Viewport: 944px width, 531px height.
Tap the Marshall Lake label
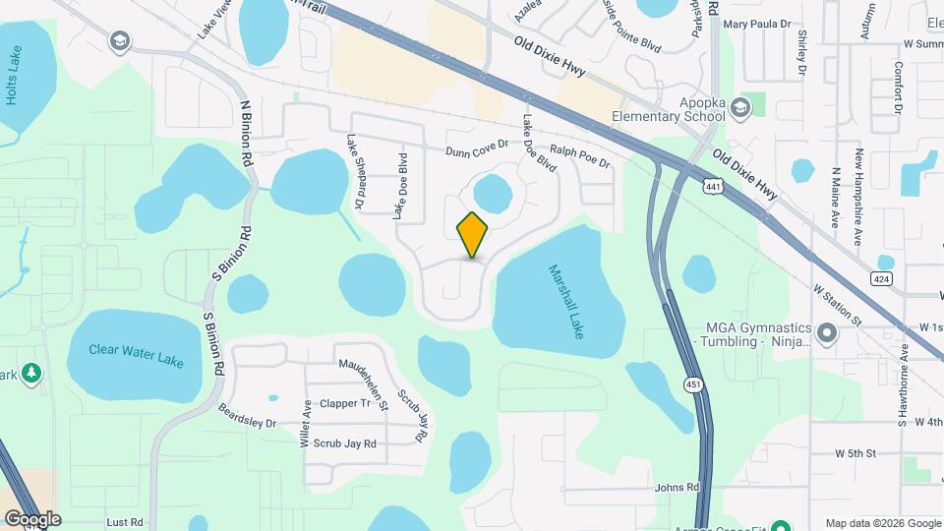pyautogui.click(x=568, y=302)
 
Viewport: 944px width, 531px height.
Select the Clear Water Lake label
pyautogui.click(x=136, y=355)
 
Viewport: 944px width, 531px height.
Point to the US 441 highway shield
pyautogui.click(x=713, y=185)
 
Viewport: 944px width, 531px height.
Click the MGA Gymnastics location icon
pyautogui.click(x=827, y=333)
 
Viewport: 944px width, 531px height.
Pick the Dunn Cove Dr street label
pyautogui.click(x=477, y=148)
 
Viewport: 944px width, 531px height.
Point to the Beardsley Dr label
pyautogui.click(x=247, y=417)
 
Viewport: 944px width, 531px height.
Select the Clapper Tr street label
pyautogui.click(x=345, y=403)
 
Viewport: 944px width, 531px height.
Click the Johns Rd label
pyautogui.click(x=678, y=487)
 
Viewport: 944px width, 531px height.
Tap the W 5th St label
pyautogui.click(x=855, y=453)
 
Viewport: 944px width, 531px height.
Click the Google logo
pyautogui.click(x=32, y=518)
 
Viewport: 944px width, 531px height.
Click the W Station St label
pyautogui.click(x=837, y=306)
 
